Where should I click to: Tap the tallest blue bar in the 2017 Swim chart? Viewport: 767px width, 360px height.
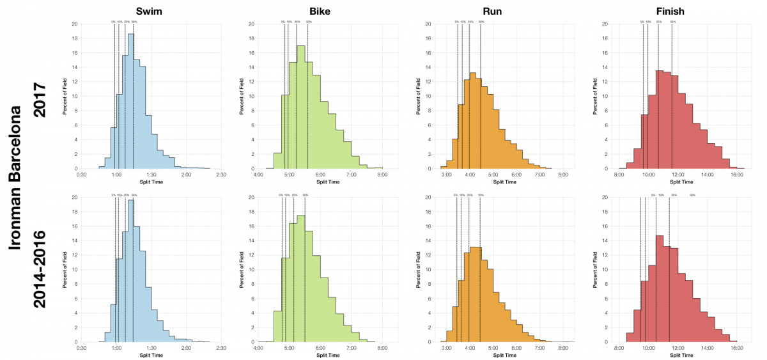[x=130, y=102]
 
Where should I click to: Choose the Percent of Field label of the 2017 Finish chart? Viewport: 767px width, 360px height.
[x=594, y=96]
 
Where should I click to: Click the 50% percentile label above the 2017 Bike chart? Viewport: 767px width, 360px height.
[x=309, y=22]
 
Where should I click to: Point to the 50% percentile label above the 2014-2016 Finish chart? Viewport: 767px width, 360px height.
[x=693, y=195]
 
